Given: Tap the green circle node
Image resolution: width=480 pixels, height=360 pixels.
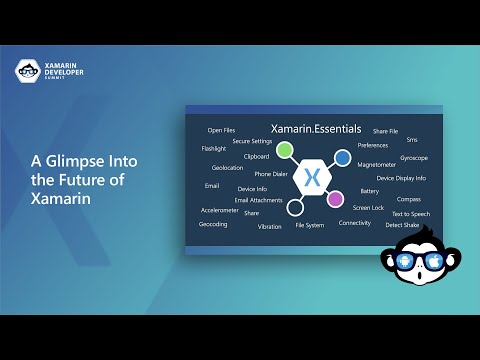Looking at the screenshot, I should click(285, 151).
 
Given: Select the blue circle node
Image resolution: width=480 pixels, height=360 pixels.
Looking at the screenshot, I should click(342, 157).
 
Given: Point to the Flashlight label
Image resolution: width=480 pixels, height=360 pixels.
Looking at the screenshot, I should click(214, 148).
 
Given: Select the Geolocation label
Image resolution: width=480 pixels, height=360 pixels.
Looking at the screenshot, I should click(228, 168).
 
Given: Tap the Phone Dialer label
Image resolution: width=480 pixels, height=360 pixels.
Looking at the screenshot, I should click(271, 174).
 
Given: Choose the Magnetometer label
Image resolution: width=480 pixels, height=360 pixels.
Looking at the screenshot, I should click(377, 164).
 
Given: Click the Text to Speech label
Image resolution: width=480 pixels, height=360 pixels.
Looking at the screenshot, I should click(411, 213).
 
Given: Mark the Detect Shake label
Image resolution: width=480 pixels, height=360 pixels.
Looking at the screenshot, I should click(403, 225).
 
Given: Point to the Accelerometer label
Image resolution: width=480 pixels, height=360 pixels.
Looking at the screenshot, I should click(219, 210).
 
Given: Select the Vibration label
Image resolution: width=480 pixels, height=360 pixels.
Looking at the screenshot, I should click(270, 227).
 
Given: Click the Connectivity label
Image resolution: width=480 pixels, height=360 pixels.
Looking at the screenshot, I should click(355, 223).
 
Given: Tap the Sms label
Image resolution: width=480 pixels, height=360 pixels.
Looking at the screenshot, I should click(412, 139).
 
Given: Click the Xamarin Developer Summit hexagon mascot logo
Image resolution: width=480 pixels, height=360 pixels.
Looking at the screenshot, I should click(27, 71).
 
